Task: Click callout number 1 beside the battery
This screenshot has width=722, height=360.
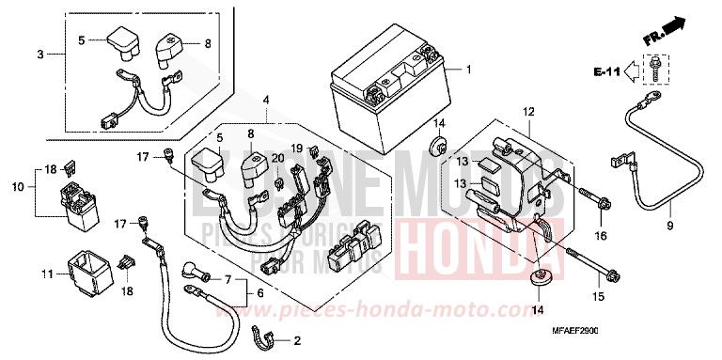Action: [470, 70]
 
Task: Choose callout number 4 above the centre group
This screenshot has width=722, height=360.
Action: [266, 100]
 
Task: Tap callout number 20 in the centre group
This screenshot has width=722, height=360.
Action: [277, 158]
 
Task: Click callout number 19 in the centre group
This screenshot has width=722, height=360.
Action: [295, 149]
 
